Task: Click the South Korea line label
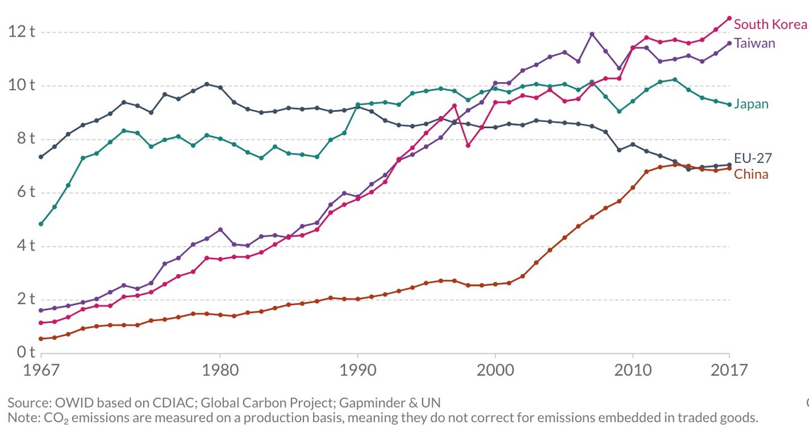(770, 25)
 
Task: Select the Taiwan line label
(754, 43)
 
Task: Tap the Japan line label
(751, 104)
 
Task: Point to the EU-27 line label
(752, 158)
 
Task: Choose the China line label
(751, 174)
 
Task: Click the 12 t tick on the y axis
(22, 31)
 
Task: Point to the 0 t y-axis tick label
(25, 351)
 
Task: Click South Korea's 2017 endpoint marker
(729, 18)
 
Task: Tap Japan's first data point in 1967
(41, 224)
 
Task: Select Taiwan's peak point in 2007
(591, 34)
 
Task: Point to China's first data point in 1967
(41, 339)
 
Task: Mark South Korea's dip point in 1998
(467, 145)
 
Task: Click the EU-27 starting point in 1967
(41, 157)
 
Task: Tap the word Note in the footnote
(22, 418)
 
